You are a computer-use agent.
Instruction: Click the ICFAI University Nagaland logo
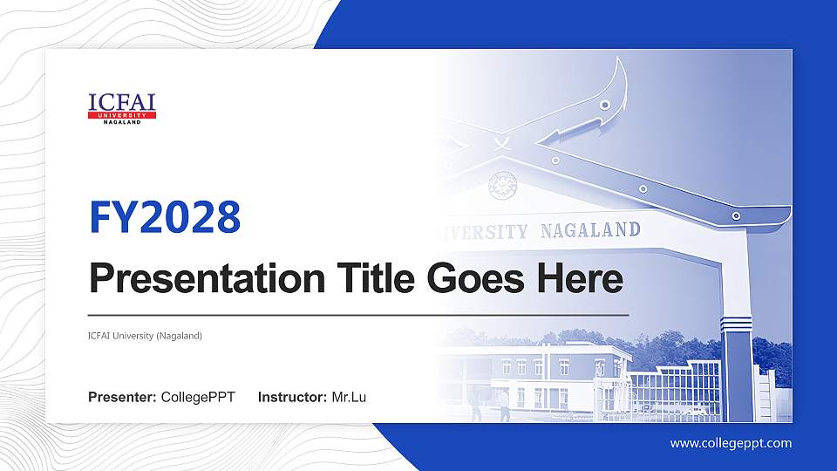122,107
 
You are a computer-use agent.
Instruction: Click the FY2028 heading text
165,216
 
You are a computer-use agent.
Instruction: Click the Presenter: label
122,398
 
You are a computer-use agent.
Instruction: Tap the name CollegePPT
198,398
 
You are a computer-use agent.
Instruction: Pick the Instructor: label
292,398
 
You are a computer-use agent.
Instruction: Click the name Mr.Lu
349,398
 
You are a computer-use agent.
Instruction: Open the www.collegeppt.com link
731,443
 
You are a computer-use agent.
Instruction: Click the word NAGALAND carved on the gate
590,230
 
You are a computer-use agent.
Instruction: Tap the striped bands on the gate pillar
738,323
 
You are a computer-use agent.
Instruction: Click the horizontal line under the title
358,313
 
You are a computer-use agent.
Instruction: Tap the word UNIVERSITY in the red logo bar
122,115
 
